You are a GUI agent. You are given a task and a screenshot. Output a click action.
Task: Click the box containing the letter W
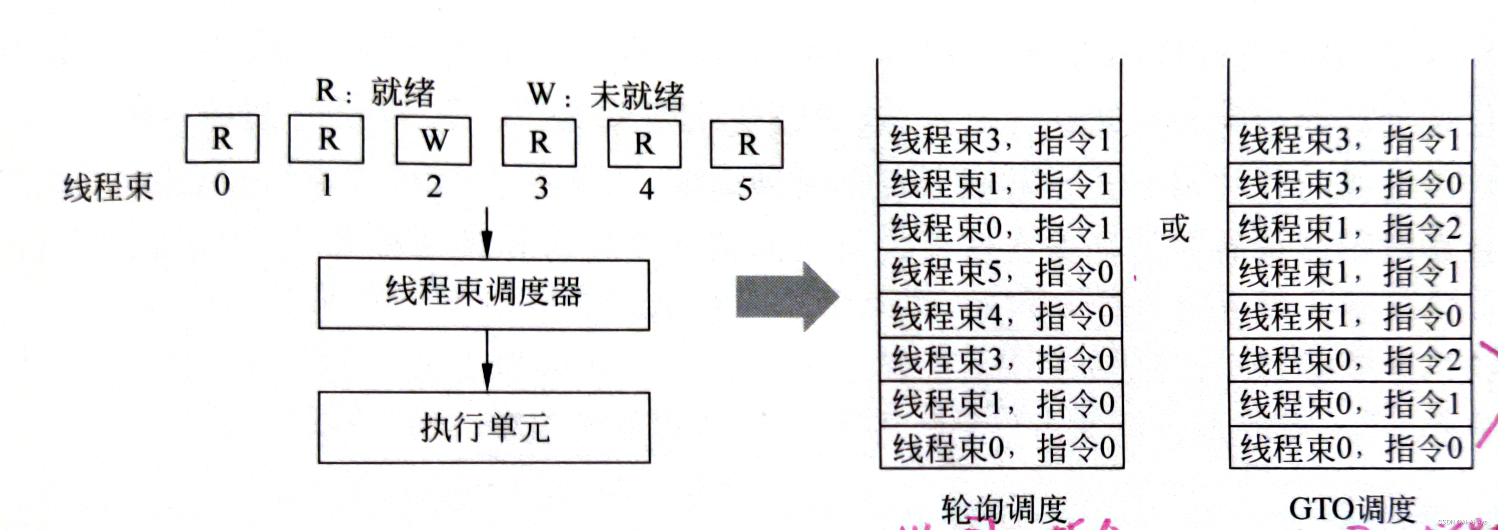[x=433, y=141]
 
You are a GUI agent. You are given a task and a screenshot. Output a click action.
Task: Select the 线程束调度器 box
[x=483, y=294]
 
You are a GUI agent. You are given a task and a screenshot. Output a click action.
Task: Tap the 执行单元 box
[x=484, y=427]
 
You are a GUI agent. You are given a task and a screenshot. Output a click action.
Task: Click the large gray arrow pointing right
[x=786, y=297]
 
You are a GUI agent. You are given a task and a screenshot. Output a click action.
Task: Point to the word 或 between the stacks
[x=1174, y=228]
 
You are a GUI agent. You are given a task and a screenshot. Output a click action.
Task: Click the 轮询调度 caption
[x=1003, y=510]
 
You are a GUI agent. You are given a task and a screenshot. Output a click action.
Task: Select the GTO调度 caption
[x=1351, y=510]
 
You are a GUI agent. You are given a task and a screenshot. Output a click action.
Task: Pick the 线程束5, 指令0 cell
[x=1001, y=272]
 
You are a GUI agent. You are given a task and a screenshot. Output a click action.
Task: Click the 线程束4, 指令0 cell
[x=1001, y=316]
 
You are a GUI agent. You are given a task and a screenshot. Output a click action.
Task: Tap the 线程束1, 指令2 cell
[x=1350, y=228]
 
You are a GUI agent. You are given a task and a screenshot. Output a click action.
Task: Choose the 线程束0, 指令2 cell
[x=1350, y=360]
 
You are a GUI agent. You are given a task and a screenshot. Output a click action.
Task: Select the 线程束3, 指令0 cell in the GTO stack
[x=1350, y=184]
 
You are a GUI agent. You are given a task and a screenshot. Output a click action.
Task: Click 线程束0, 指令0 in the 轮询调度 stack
[x=1002, y=448]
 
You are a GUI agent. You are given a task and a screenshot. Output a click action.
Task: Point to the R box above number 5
[x=747, y=144]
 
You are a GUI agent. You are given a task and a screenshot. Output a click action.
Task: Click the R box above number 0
[x=222, y=139]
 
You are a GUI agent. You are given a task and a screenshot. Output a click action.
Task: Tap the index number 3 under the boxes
[x=541, y=188]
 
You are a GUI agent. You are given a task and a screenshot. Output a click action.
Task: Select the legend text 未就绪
[x=637, y=96]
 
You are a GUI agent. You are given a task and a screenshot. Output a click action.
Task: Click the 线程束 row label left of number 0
[x=108, y=187]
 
